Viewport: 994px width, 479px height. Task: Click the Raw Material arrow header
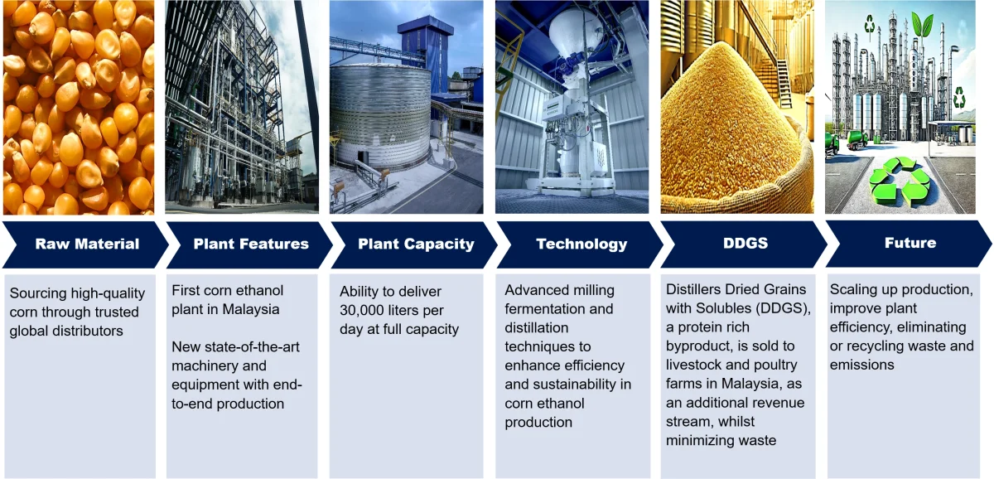point(86,244)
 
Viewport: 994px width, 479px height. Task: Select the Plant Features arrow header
point(250,244)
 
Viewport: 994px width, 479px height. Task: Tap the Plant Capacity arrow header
point(415,244)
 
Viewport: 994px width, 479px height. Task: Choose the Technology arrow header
point(581,244)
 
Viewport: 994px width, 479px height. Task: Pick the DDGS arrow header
point(745,244)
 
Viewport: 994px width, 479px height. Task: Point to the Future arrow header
point(910,244)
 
